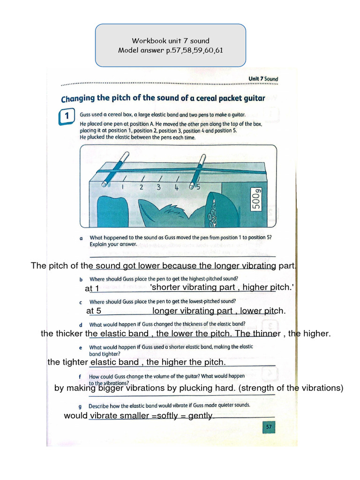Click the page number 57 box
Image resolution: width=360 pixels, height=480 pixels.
tap(269, 427)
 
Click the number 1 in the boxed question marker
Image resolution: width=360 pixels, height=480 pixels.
tap(67, 115)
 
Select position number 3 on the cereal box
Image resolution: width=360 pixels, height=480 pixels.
tap(159, 187)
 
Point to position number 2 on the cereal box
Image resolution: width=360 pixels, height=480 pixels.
tap(141, 187)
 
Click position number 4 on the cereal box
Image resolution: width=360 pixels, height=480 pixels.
tap(176, 187)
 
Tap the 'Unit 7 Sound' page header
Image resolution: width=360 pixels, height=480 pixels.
tap(263, 79)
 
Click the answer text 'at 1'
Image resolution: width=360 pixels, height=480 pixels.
tap(92, 288)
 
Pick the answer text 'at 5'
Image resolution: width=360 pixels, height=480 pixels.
tap(94, 311)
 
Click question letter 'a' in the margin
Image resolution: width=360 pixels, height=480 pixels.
tap(81, 238)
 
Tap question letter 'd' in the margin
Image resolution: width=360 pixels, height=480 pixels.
tap(81, 325)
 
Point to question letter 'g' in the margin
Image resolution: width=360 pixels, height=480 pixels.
tap(81, 406)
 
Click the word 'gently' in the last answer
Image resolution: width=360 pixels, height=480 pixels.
tap(200, 416)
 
